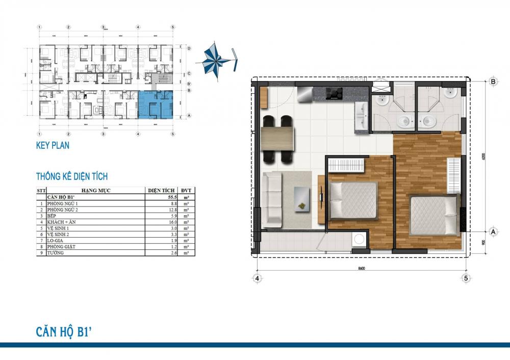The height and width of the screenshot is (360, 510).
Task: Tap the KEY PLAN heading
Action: (53, 145)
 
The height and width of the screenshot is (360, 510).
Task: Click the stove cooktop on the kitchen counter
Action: (335, 93)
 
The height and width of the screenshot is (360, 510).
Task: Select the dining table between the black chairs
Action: (277, 139)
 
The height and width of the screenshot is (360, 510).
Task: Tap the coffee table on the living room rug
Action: (303, 199)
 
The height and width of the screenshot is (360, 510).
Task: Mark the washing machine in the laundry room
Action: (360, 240)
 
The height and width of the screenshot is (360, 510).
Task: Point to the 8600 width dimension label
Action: (361, 268)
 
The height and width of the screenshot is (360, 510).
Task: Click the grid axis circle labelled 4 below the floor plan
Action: (257, 278)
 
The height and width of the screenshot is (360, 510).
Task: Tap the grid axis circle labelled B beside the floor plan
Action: (493, 81)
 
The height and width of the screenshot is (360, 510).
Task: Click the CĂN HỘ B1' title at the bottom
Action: (63, 332)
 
